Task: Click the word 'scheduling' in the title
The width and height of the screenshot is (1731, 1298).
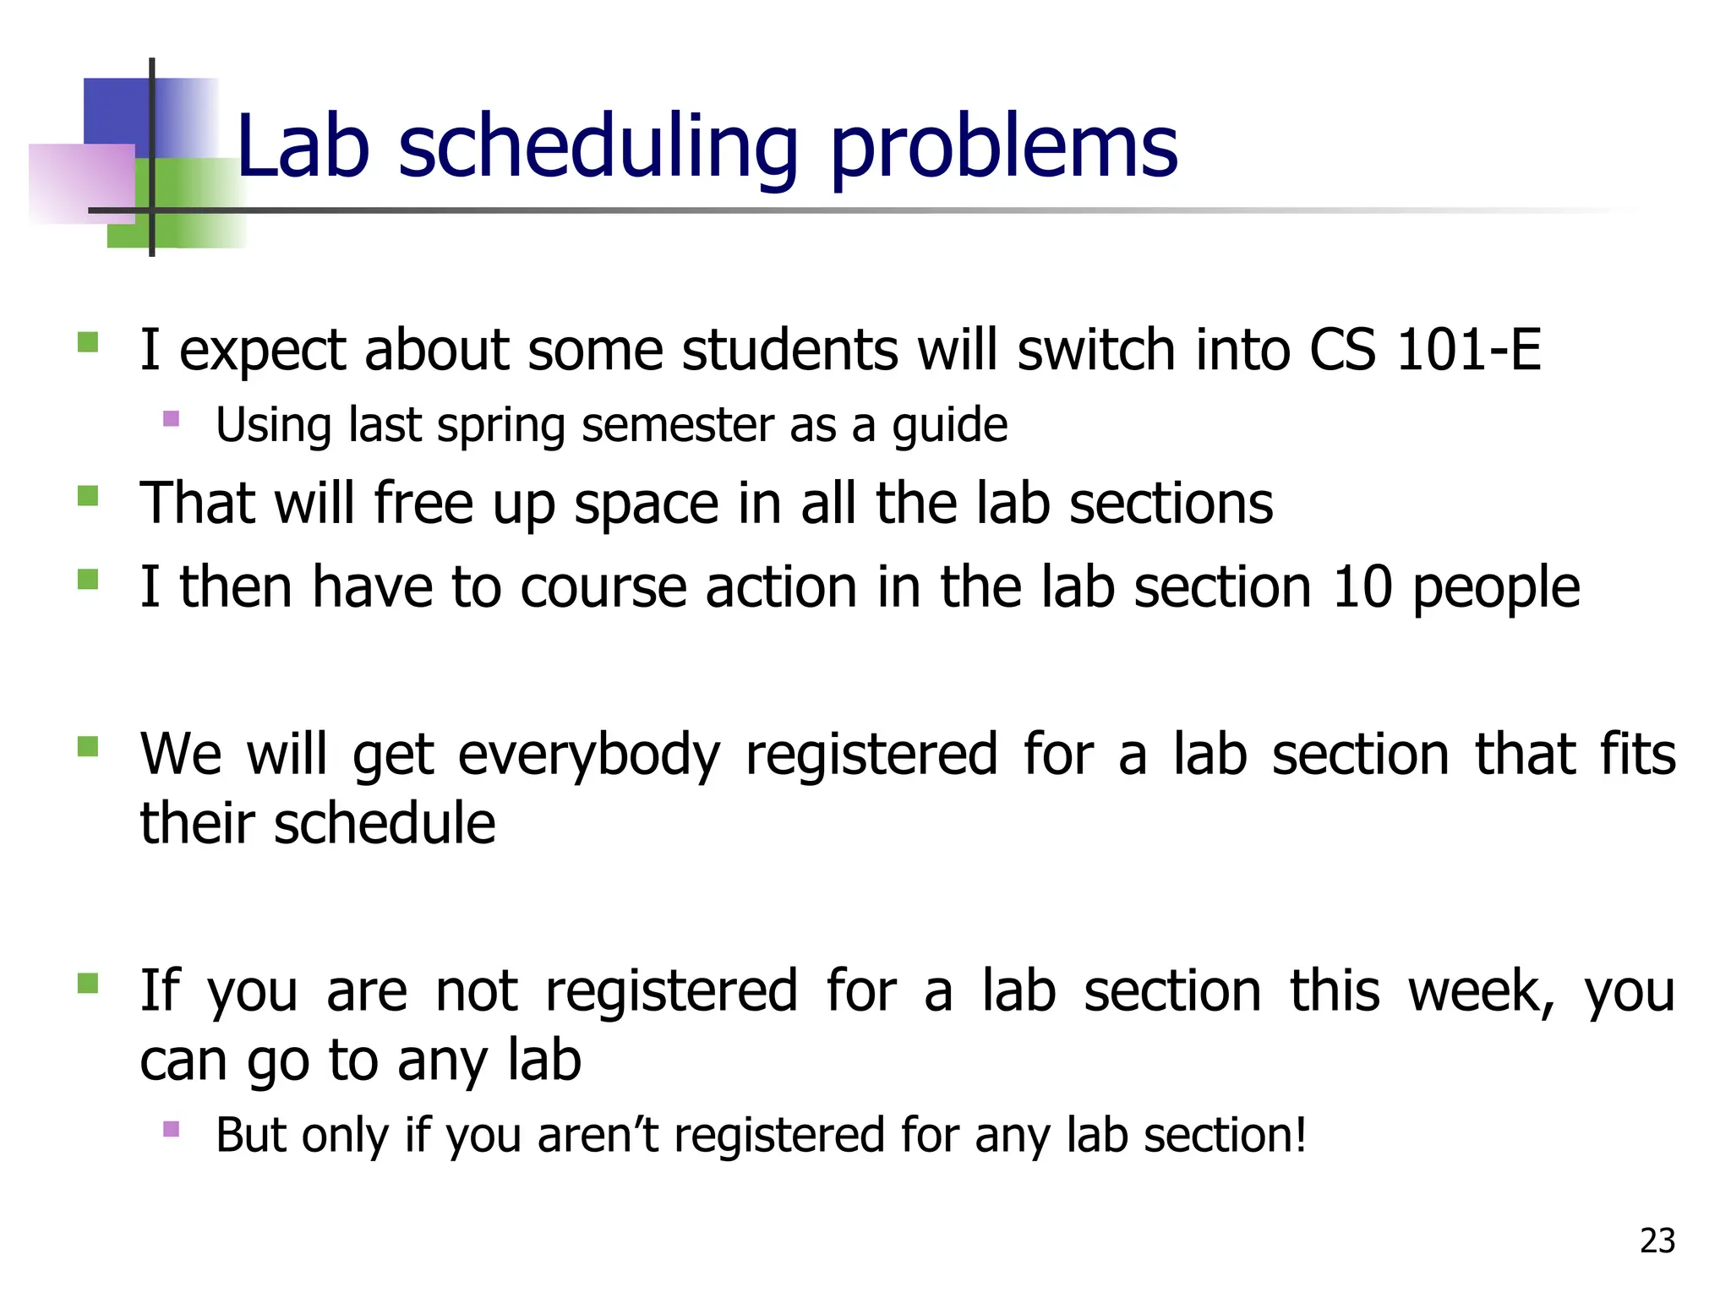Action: (598, 148)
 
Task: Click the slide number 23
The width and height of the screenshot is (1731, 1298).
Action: (1657, 1241)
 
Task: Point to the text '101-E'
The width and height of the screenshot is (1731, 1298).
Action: (1469, 349)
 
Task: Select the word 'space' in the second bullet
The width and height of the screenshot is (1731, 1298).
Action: (647, 504)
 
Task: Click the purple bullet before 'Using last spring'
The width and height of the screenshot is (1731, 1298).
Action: (172, 418)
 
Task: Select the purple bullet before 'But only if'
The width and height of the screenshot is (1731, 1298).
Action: (172, 1129)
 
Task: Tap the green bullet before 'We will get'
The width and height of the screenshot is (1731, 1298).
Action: (88, 747)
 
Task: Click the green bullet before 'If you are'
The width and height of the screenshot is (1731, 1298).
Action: (88, 984)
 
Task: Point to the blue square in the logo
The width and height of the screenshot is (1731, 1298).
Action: (117, 110)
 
